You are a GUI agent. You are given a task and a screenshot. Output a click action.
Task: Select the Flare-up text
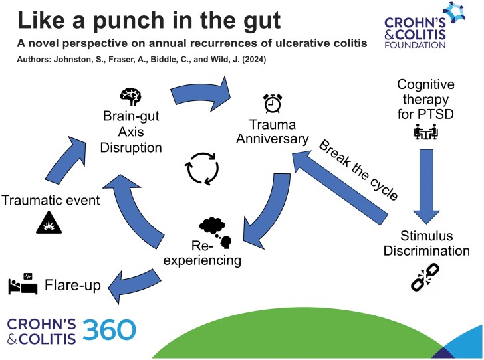click(74, 286)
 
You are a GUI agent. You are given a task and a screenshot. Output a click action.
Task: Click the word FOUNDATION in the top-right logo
click(419, 46)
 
